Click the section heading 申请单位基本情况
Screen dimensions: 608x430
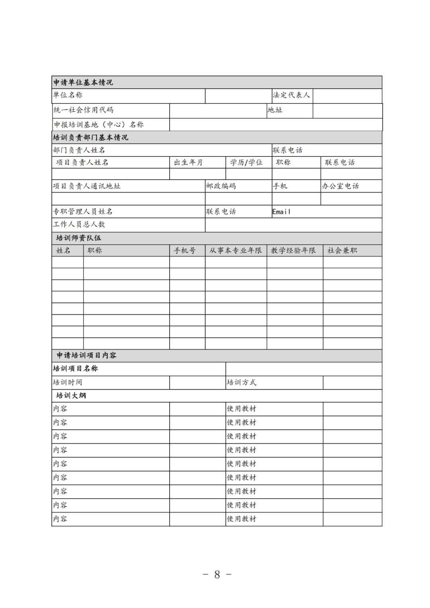click(x=83, y=82)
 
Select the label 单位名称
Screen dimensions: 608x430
click(x=68, y=95)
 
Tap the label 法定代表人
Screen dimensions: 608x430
click(x=291, y=95)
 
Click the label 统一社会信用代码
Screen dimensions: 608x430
click(x=84, y=110)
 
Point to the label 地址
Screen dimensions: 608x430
click(x=275, y=110)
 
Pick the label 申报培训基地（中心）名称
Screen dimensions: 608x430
click(x=99, y=125)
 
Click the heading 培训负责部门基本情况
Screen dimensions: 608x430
click(x=91, y=138)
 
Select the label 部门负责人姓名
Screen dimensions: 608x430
click(x=79, y=150)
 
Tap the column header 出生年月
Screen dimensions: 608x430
click(x=188, y=162)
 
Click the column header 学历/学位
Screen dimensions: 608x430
click(x=246, y=162)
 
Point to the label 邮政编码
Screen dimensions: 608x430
click(x=221, y=186)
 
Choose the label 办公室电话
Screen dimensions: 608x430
click(x=340, y=186)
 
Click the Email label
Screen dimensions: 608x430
click(x=281, y=212)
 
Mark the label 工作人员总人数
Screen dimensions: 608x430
click(x=79, y=224)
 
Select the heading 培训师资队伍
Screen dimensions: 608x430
click(x=79, y=238)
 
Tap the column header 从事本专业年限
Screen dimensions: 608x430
click(x=236, y=250)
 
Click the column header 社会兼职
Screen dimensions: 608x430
click(x=342, y=250)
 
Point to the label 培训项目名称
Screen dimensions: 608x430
click(x=76, y=368)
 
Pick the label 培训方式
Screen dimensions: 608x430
click(x=242, y=382)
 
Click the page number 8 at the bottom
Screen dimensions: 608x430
click(x=217, y=575)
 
